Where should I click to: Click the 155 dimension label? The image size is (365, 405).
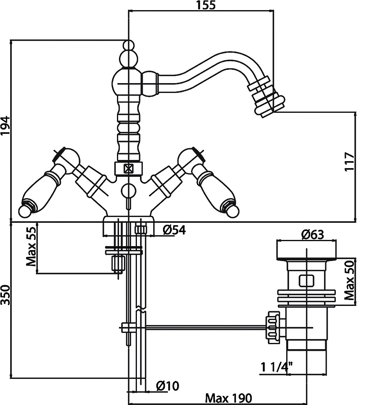[x=206, y=5]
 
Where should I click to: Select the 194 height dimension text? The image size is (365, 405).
[x=5, y=126]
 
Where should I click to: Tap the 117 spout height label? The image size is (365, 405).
[x=350, y=162]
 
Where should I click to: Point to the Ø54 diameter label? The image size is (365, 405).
[x=174, y=230]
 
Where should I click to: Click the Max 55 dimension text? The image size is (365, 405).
[x=31, y=247]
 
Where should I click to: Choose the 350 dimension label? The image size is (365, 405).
[x=5, y=295]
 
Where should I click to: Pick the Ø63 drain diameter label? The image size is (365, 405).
[x=312, y=234]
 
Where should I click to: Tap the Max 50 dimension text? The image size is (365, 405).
[x=350, y=280]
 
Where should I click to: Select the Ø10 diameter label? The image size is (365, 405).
[x=168, y=386]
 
